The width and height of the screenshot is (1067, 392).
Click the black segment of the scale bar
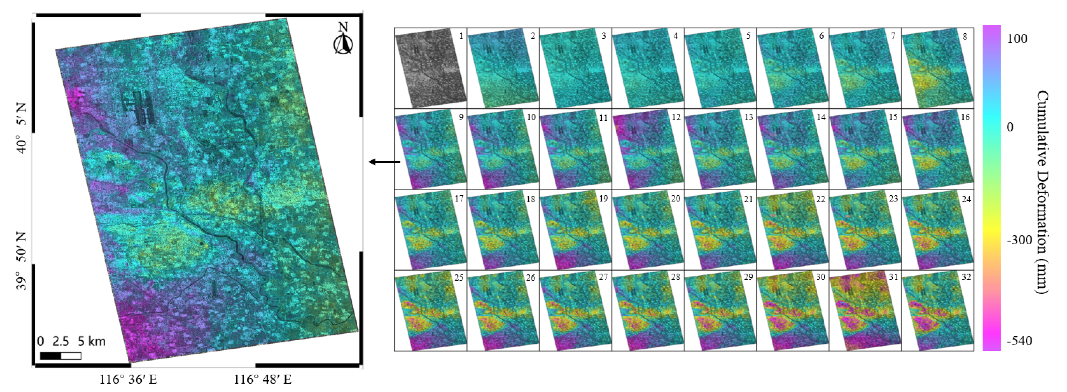coord(51,356)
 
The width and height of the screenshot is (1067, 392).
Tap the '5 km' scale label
coord(92,341)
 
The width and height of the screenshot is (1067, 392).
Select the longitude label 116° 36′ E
coord(129,379)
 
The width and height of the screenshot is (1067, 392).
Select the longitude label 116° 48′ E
coord(263,379)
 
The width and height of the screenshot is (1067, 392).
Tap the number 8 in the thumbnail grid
coord(965,36)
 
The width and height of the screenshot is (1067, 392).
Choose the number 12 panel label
coord(676,118)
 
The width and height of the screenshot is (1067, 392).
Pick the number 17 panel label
coord(459,199)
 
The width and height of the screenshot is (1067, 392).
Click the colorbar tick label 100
coord(1017,39)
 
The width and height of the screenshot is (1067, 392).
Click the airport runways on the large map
coord(138,108)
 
